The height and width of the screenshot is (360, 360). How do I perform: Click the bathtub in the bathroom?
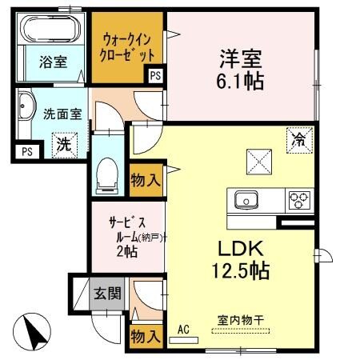click(x=50, y=31)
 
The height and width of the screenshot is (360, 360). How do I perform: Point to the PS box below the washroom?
click(x=26, y=150)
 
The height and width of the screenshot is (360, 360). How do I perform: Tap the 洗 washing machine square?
click(x=62, y=146)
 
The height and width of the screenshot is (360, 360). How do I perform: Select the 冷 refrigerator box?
click(x=298, y=139)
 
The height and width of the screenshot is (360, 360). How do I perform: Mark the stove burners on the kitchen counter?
click(x=300, y=200)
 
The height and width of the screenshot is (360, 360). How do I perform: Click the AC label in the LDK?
click(x=182, y=328)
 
